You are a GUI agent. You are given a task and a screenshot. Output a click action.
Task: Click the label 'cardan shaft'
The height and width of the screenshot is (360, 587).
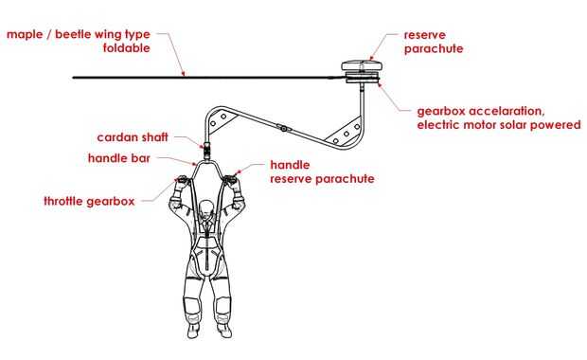(x=133, y=137)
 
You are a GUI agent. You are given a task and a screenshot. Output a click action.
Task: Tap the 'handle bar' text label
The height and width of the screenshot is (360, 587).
(x=119, y=158)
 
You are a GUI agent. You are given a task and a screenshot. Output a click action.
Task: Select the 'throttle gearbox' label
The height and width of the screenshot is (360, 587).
(x=89, y=201)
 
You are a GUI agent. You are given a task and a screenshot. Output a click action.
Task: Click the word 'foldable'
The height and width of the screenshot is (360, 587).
(x=127, y=48)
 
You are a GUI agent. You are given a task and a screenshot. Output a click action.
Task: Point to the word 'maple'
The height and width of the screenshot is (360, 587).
(x=25, y=35)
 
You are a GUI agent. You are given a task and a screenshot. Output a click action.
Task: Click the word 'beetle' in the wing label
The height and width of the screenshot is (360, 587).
(x=73, y=34)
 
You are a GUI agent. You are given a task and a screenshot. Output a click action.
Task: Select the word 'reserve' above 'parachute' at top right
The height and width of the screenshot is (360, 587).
(x=425, y=35)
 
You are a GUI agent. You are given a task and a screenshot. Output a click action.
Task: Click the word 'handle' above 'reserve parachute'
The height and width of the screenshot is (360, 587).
(x=290, y=165)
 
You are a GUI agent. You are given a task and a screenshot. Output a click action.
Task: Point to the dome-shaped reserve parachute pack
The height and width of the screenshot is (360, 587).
(x=362, y=65)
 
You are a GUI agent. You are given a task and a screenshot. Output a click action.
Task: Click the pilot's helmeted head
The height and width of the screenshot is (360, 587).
(x=206, y=209)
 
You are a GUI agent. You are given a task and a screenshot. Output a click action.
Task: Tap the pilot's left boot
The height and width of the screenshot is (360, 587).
(x=224, y=330)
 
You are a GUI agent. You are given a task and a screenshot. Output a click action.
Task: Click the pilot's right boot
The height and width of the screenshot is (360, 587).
(x=193, y=330)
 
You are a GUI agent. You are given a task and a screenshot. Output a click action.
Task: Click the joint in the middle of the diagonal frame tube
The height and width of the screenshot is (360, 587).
(x=284, y=129)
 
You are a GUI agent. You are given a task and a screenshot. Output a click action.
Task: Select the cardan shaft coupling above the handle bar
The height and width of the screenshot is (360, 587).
(x=206, y=150)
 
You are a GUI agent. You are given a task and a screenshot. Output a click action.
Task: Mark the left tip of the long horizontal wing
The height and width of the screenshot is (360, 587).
(x=73, y=78)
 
